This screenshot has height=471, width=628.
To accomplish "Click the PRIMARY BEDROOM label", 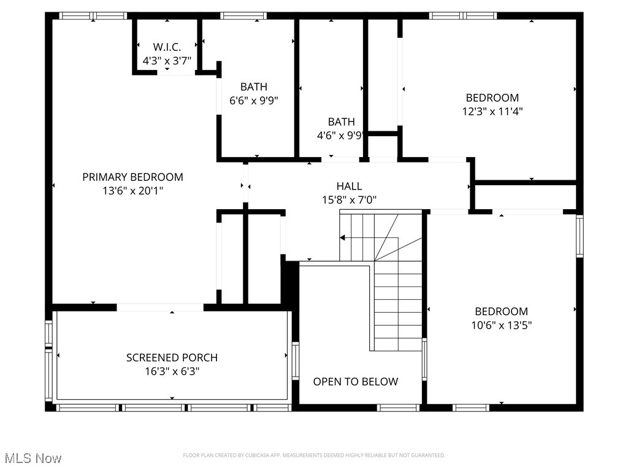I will [132, 177].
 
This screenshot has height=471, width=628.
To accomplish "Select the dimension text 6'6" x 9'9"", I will [253, 101].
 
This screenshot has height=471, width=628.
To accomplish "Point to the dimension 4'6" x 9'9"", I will [341, 136].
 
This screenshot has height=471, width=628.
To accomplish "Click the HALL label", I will [349, 186].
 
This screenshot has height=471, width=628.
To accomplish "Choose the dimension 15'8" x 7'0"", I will [349, 200].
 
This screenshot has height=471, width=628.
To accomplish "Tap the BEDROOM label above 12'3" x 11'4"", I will [492, 98].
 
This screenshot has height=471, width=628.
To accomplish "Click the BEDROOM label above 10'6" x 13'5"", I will [501, 312].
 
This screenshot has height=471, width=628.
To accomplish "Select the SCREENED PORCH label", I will [172, 358].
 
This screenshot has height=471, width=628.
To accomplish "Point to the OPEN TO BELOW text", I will [355, 381].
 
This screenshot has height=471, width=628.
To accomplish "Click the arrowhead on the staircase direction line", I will [343, 237].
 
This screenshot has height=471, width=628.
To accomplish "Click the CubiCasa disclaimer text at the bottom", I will [314, 455].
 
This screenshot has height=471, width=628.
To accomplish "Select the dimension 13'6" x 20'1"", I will [132, 191].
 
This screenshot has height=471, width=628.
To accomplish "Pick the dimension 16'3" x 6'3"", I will [172, 372].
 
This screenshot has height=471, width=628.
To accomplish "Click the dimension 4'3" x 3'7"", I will [167, 61].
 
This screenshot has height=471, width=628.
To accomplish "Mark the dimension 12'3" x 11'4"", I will [492, 112].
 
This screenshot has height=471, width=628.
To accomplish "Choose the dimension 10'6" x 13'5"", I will [501, 326].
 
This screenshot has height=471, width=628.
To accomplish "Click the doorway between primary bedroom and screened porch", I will [160, 307].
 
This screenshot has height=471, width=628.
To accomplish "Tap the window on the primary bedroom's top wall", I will [93, 15].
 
